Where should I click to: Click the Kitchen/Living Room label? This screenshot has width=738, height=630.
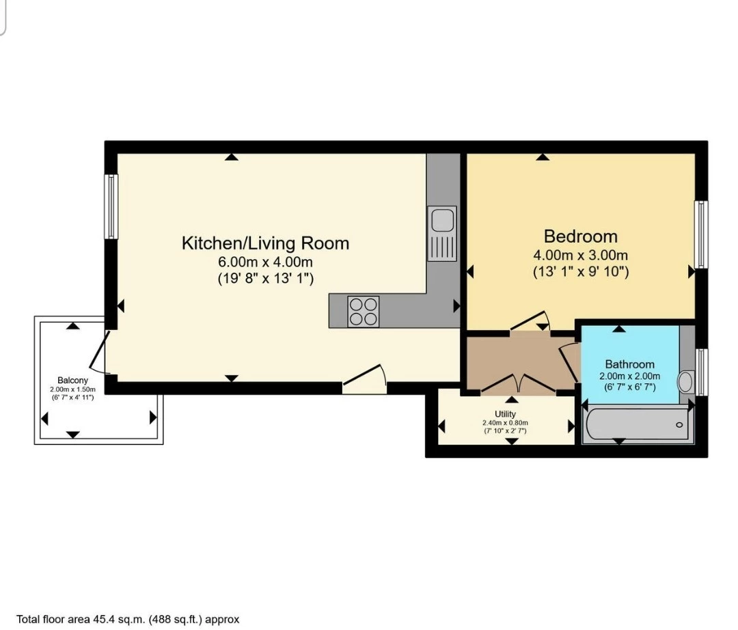(265, 243)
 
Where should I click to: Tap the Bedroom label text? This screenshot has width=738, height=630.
(580, 236)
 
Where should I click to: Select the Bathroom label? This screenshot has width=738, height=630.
(629, 364)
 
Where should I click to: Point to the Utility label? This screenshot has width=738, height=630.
(506, 414)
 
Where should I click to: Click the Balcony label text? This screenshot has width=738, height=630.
(72, 380)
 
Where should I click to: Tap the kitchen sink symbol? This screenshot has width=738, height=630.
(442, 221)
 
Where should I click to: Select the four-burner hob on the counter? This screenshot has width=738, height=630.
(364, 311)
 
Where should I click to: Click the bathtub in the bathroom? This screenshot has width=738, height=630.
(636, 424)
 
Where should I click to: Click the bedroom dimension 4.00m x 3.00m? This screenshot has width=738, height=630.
(580, 255)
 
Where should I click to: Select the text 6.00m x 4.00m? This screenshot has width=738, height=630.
(265, 262)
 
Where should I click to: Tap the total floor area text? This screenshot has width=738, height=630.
(128, 620)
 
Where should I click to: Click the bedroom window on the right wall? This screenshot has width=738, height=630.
(701, 234)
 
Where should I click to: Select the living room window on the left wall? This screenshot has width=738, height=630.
(111, 206)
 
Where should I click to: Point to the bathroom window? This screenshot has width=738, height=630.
(701, 372)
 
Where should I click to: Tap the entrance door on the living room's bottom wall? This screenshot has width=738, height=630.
(365, 380)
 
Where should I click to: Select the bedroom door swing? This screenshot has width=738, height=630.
(531, 323)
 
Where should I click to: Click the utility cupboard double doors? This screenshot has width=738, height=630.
(518, 385)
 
